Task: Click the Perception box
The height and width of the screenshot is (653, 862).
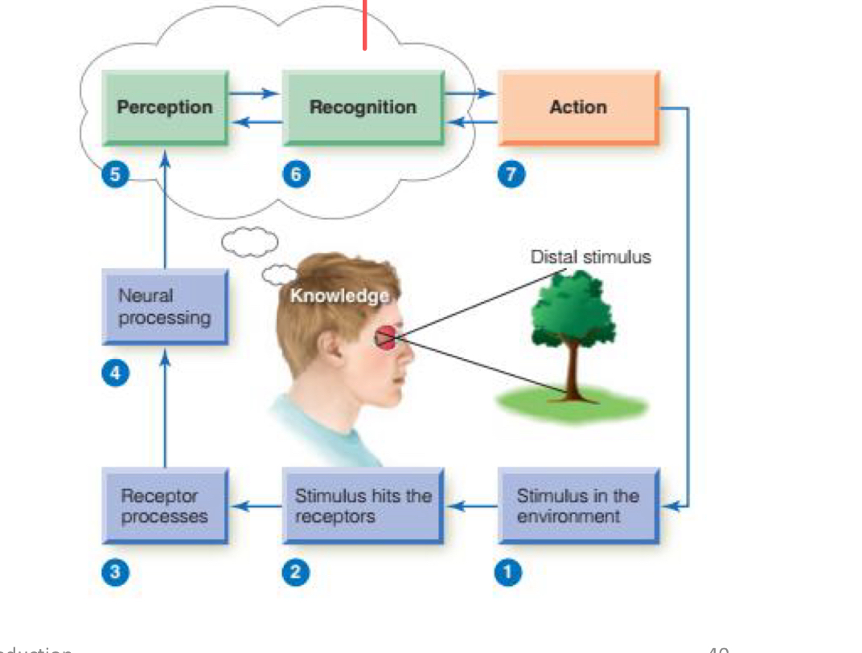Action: click(x=165, y=107)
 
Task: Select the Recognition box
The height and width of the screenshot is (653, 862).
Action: click(x=363, y=107)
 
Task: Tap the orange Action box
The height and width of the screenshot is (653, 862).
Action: click(x=578, y=107)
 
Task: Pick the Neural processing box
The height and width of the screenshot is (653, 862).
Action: click(x=165, y=307)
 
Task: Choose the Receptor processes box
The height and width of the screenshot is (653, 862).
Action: click(x=165, y=506)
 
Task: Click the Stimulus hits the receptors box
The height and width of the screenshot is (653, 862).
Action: click(x=363, y=506)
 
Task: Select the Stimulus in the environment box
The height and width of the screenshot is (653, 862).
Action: click(x=578, y=506)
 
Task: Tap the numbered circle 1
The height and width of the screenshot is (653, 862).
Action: click(x=507, y=572)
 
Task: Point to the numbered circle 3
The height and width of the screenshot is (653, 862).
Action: click(x=115, y=572)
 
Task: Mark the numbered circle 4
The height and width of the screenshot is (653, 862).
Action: click(x=115, y=373)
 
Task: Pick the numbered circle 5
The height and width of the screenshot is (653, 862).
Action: click(x=115, y=175)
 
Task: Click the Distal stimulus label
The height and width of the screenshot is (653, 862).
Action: click(x=590, y=257)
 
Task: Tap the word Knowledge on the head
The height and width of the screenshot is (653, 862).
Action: click(x=339, y=296)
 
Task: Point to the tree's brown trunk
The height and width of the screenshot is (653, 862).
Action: click(x=573, y=369)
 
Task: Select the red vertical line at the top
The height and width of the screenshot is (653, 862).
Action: click(x=364, y=24)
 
